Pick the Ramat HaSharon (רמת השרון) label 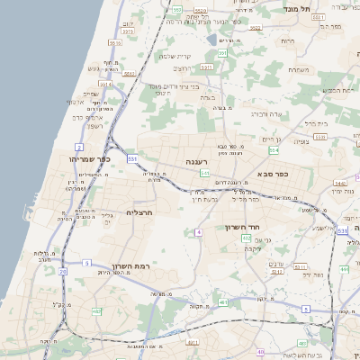click(x=129, y=266)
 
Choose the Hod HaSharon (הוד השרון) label click(x=242, y=228)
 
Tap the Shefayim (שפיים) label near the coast click(x=91, y=94)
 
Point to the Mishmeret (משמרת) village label click(x=299, y=69)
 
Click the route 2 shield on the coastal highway click(x=79, y=146)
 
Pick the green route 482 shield click(x=96, y=311)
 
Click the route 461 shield click(x=192, y=342)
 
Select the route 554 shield click(x=273, y=150)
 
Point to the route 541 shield click(x=205, y=172)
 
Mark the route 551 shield click(x=132, y=159)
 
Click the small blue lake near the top click(x=211, y=40)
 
